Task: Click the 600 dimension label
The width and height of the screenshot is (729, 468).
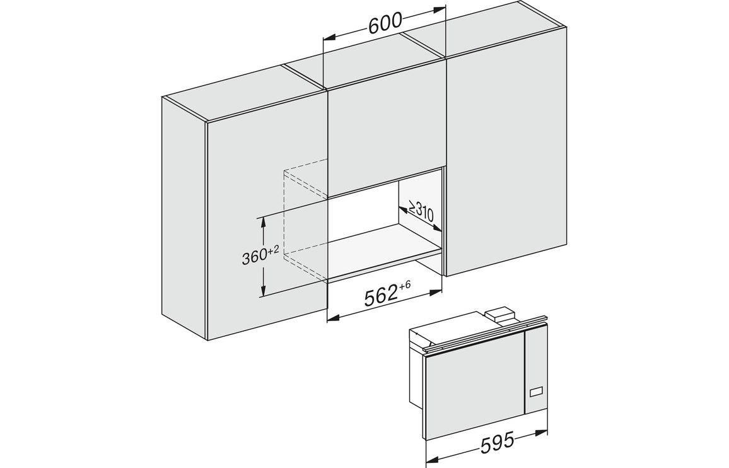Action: pyautogui.click(x=385, y=23)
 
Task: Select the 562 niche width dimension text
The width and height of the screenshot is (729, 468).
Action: pyautogui.click(x=381, y=296)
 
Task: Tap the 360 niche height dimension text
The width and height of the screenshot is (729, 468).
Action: pyautogui.click(x=254, y=257)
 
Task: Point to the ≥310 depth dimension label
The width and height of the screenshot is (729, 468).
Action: pyautogui.click(x=421, y=212)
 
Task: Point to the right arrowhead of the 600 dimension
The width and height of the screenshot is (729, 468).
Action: pyautogui.click(x=440, y=9)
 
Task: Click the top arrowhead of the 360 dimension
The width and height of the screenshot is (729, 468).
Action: pyautogui.click(x=264, y=220)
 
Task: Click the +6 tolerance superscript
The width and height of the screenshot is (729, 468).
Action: pyautogui.click(x=404, y=284)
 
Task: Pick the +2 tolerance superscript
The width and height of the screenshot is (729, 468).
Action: pyautogui.click(x=274, y=250)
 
